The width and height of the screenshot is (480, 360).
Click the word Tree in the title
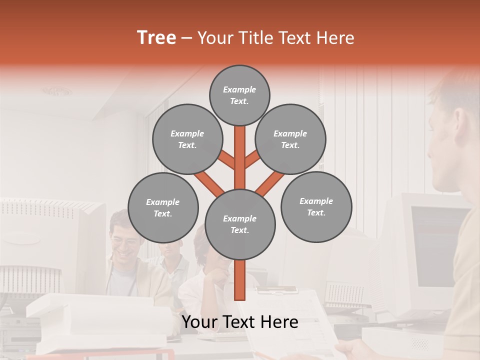pyautogui.click(x=156, y=38)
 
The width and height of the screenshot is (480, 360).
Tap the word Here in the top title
pyautogui.click(x=335, y=38)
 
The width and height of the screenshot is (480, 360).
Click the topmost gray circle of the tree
pyautogui.click(x=239, y=95)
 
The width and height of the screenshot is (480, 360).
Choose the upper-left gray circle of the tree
pyautogui.click(x=187, y=139)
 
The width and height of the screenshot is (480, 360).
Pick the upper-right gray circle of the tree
pyautogui.click(x=290, y=139)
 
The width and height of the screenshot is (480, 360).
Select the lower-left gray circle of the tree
pyautogui.click(x=163, y=207)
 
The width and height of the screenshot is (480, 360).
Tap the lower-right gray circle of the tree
pyautogui.click(x=316, y=206)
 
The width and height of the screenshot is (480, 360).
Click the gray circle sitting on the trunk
pyautogui.click(x=240, y=224)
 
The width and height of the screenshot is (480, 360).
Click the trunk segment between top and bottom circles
pyautogui.click(x=240, y=157)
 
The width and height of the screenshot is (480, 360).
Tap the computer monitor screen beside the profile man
pyautogui.click(x=435, y=245)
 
